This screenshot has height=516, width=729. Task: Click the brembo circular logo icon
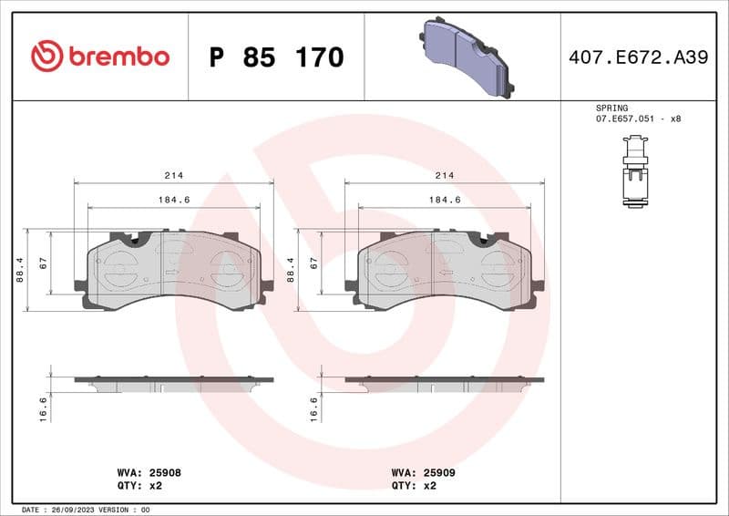46,57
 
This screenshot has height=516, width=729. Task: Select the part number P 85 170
276,57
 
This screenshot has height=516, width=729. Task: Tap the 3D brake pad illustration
467,57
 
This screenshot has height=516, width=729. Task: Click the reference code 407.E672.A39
638,57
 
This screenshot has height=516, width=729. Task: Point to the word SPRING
611,108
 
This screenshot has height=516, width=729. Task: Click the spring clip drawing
634,171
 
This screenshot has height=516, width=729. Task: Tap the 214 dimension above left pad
173,175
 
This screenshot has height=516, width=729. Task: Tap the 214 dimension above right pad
445,175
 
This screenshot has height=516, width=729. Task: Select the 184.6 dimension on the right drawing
445,200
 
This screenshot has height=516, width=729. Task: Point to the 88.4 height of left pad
20,270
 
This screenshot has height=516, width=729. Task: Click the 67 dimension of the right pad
313,263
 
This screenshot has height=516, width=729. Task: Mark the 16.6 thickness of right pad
313,407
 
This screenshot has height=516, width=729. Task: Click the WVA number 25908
162,473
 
